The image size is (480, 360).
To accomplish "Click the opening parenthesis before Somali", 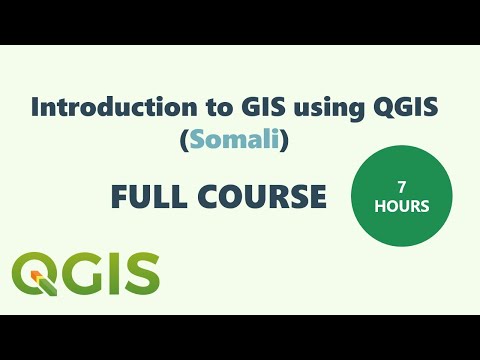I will click(x=184, y=143).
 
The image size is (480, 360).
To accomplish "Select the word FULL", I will click(x=148, y=198).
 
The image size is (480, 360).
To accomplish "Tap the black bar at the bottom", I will click(x=240, y=337).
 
